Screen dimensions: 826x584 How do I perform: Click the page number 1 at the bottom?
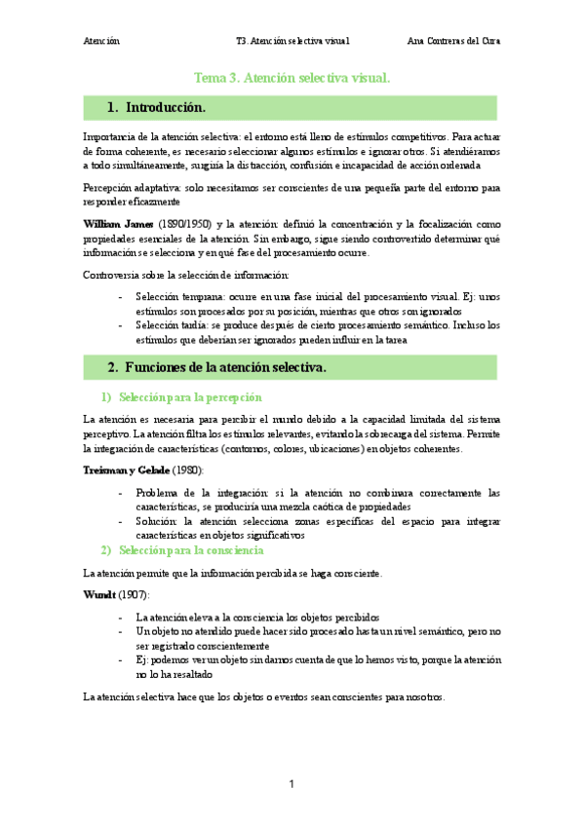tap(291, 784)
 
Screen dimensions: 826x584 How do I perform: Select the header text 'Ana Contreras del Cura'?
tap(452, 42)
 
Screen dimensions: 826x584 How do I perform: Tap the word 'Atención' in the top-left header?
tap(101, 42)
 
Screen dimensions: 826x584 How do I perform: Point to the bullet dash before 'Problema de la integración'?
tap(120, 493)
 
